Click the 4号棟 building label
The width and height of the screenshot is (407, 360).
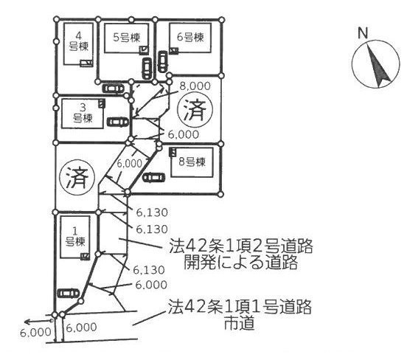(79, 41)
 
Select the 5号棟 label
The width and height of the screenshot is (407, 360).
(127, 38)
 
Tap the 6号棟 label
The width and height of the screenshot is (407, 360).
(190, 37)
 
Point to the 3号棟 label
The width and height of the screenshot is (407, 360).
(83, 114)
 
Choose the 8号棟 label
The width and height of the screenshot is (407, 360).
(192, 162)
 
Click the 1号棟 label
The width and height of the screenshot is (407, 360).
(75, 237)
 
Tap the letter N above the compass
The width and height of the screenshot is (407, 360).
(363, 33)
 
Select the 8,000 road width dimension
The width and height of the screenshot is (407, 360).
(195, 86)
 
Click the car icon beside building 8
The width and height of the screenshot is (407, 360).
(154, 177)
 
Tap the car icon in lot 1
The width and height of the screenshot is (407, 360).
(69, 294)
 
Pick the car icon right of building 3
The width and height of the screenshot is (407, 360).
(118, 122)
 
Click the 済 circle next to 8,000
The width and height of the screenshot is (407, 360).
(195, 109)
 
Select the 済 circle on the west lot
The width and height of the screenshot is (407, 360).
(77, 177)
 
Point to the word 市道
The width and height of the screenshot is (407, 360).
(239, 323)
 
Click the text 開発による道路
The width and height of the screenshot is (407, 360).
(240, 263)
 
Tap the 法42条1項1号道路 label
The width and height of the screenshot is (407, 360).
(240, 307)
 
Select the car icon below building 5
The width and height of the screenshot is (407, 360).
(147, 68)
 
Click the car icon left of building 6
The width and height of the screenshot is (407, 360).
(162, 61)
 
